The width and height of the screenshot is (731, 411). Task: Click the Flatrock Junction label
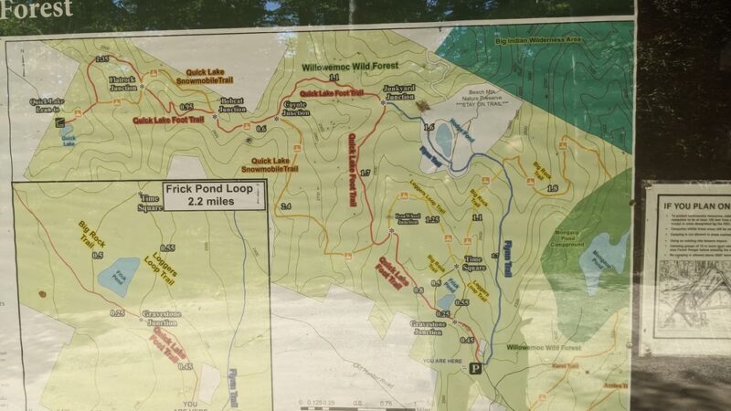pyautogui.click(x=122, y=83)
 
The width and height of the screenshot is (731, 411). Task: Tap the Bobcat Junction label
pyautogui.click(x=232, y=105)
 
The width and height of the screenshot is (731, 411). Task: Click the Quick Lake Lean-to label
pyautogui.click(x=45, y=105)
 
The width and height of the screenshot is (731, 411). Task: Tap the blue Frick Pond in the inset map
pyautogui.click(x=119, y=275)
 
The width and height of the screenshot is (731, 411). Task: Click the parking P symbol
pyautogui.click(x=474, y=369)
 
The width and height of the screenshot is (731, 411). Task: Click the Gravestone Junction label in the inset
pyautogui.click(x=160, y=318)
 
